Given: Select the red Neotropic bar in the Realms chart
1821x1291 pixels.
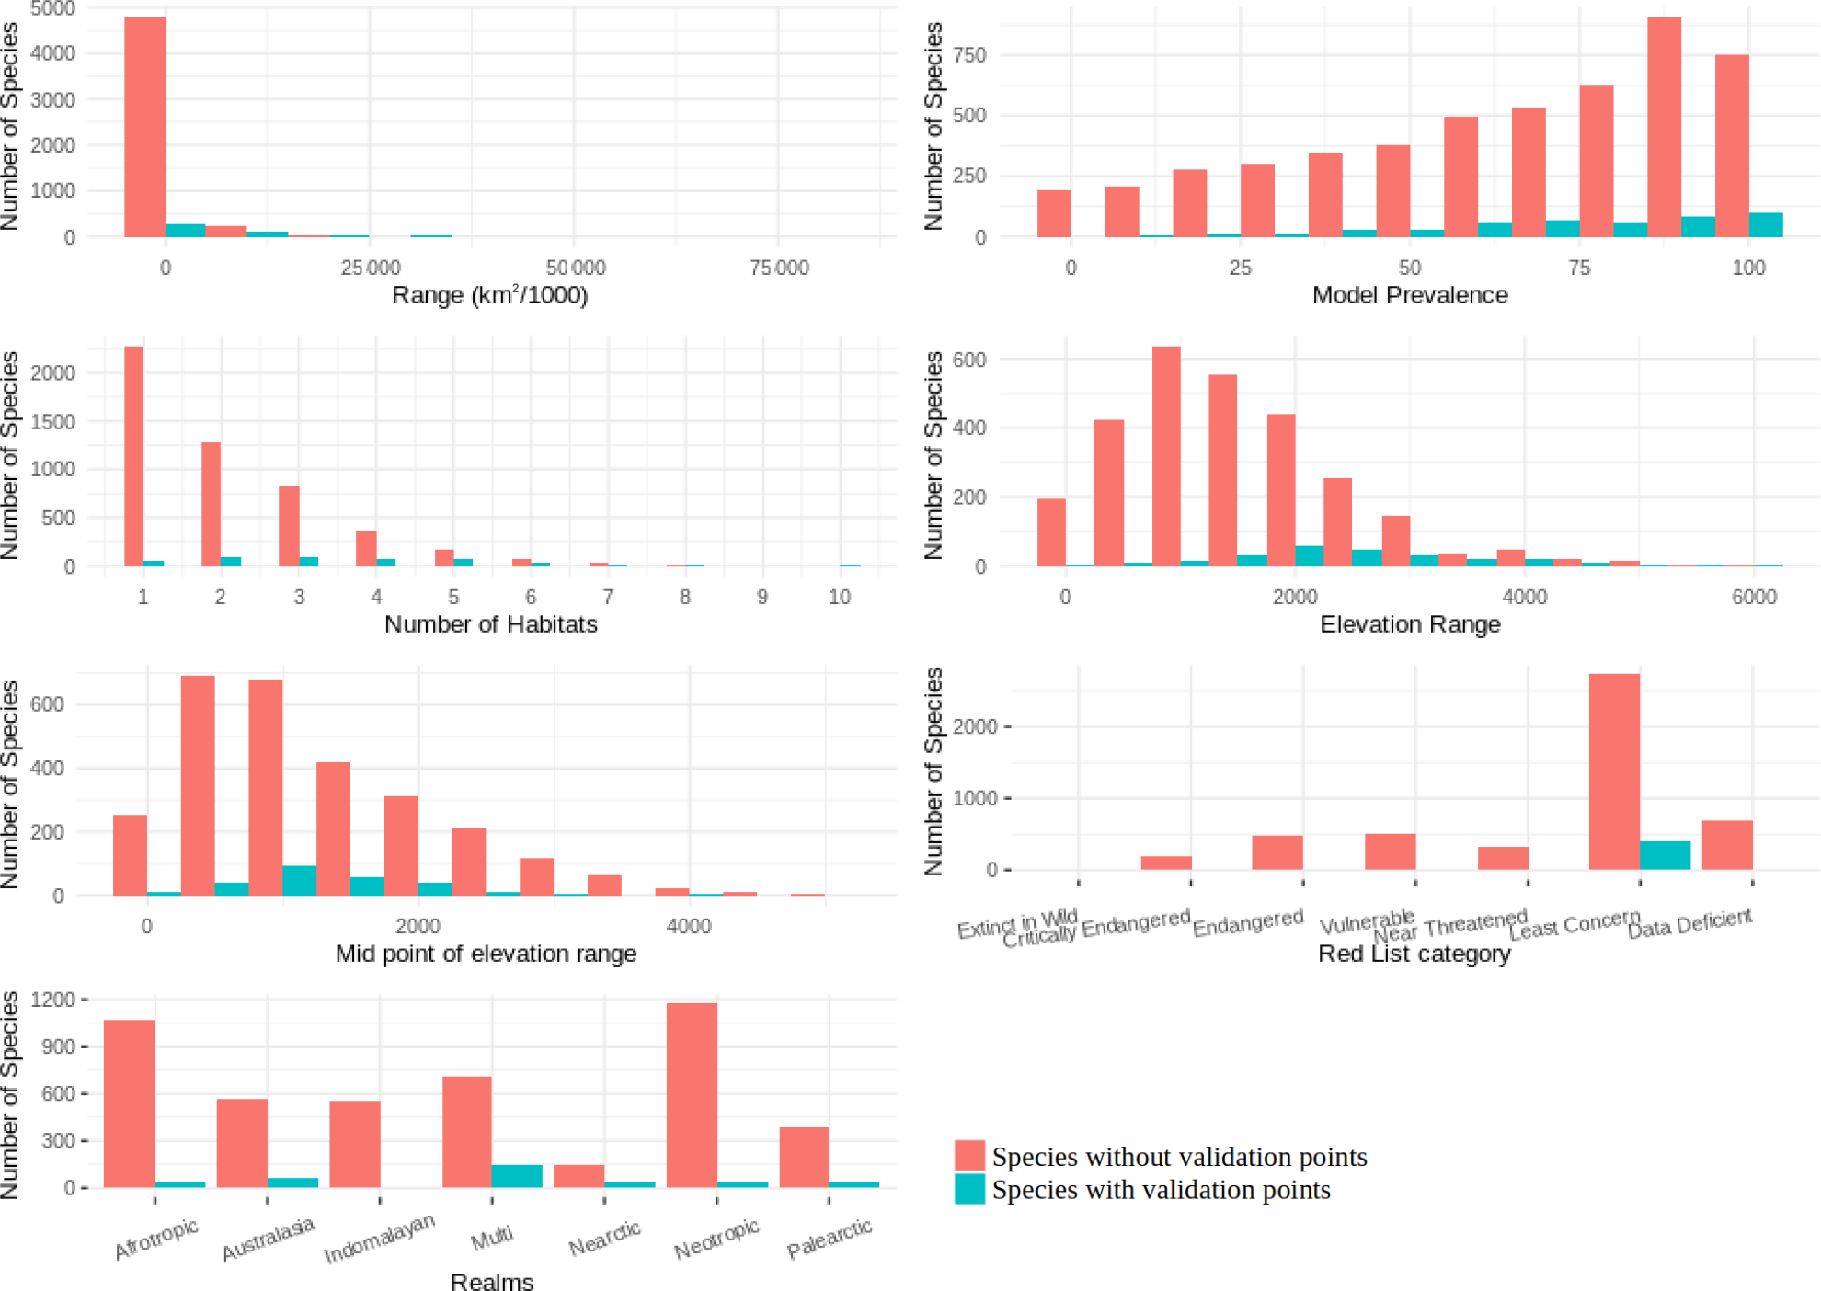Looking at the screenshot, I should (x=692, y=1094).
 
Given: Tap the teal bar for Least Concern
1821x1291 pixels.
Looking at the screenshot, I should (x=1665, y=855).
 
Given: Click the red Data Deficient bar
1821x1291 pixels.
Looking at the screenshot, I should (x=1727, y=845).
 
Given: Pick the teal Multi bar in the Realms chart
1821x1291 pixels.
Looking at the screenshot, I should (x=517, y=1176).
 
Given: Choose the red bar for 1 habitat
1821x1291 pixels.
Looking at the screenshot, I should (x=134, y=456).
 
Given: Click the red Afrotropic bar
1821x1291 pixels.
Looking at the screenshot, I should (x=129, y=1103).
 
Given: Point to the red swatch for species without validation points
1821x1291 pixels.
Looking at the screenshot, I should (x=969, y=1155).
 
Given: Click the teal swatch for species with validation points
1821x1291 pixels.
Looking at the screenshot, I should (x=969, y=1189).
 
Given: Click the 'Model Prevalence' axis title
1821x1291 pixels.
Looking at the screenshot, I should (x=1409, y=295).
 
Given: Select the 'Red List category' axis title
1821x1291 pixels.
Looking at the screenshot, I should (x=1414, y=954).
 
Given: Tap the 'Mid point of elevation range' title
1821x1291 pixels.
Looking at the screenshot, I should (x=486, y=954).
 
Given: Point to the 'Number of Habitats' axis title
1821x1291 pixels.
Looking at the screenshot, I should (x=490, y=624).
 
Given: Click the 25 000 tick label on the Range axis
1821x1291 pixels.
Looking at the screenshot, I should (x=371, y=268).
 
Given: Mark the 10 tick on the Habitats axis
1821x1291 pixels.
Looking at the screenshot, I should (x=839, y=598).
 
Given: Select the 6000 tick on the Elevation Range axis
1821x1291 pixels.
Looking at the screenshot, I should (x=1754, y=598).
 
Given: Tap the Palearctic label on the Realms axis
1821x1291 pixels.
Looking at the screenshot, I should (x=829, y=1239).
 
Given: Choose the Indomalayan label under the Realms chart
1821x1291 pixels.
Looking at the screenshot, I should (x=379, y=1240).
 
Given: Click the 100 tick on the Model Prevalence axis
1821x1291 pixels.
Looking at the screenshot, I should (x=1748, y=268).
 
